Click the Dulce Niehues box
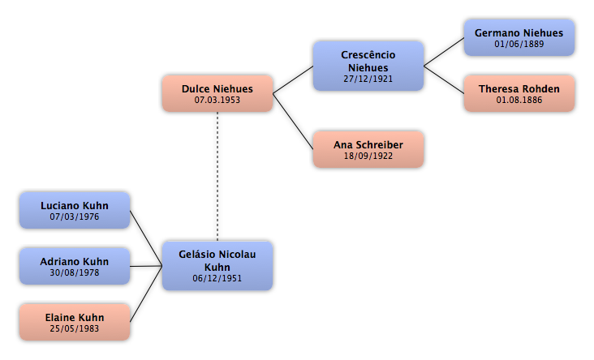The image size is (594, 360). pos(217,93)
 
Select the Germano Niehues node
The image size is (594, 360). pos(519,38)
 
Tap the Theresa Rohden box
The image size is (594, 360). pos(519,93)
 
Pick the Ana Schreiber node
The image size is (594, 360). pos(368,149)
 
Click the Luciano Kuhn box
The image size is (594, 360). pos(75,211)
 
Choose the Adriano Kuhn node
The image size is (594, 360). pos(75,266)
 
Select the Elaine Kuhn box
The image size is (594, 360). pos(75,322)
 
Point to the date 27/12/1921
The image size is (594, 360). pos(368,79)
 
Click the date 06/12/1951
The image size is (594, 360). pos(217,278)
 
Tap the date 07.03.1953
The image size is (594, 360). pos(217,100)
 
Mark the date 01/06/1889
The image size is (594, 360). pos(519,44)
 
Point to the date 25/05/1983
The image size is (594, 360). pos(75,328)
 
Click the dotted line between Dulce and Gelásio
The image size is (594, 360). pos(217,177)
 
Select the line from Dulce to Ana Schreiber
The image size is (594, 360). pos(293,122)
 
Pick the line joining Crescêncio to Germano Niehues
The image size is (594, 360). pos(444,52)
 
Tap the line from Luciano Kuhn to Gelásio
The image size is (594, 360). pos(146,238)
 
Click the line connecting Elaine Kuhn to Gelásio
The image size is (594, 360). pos(146,294)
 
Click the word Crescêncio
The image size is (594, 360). pos(368,55)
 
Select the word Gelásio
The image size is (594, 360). pos(195,255)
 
